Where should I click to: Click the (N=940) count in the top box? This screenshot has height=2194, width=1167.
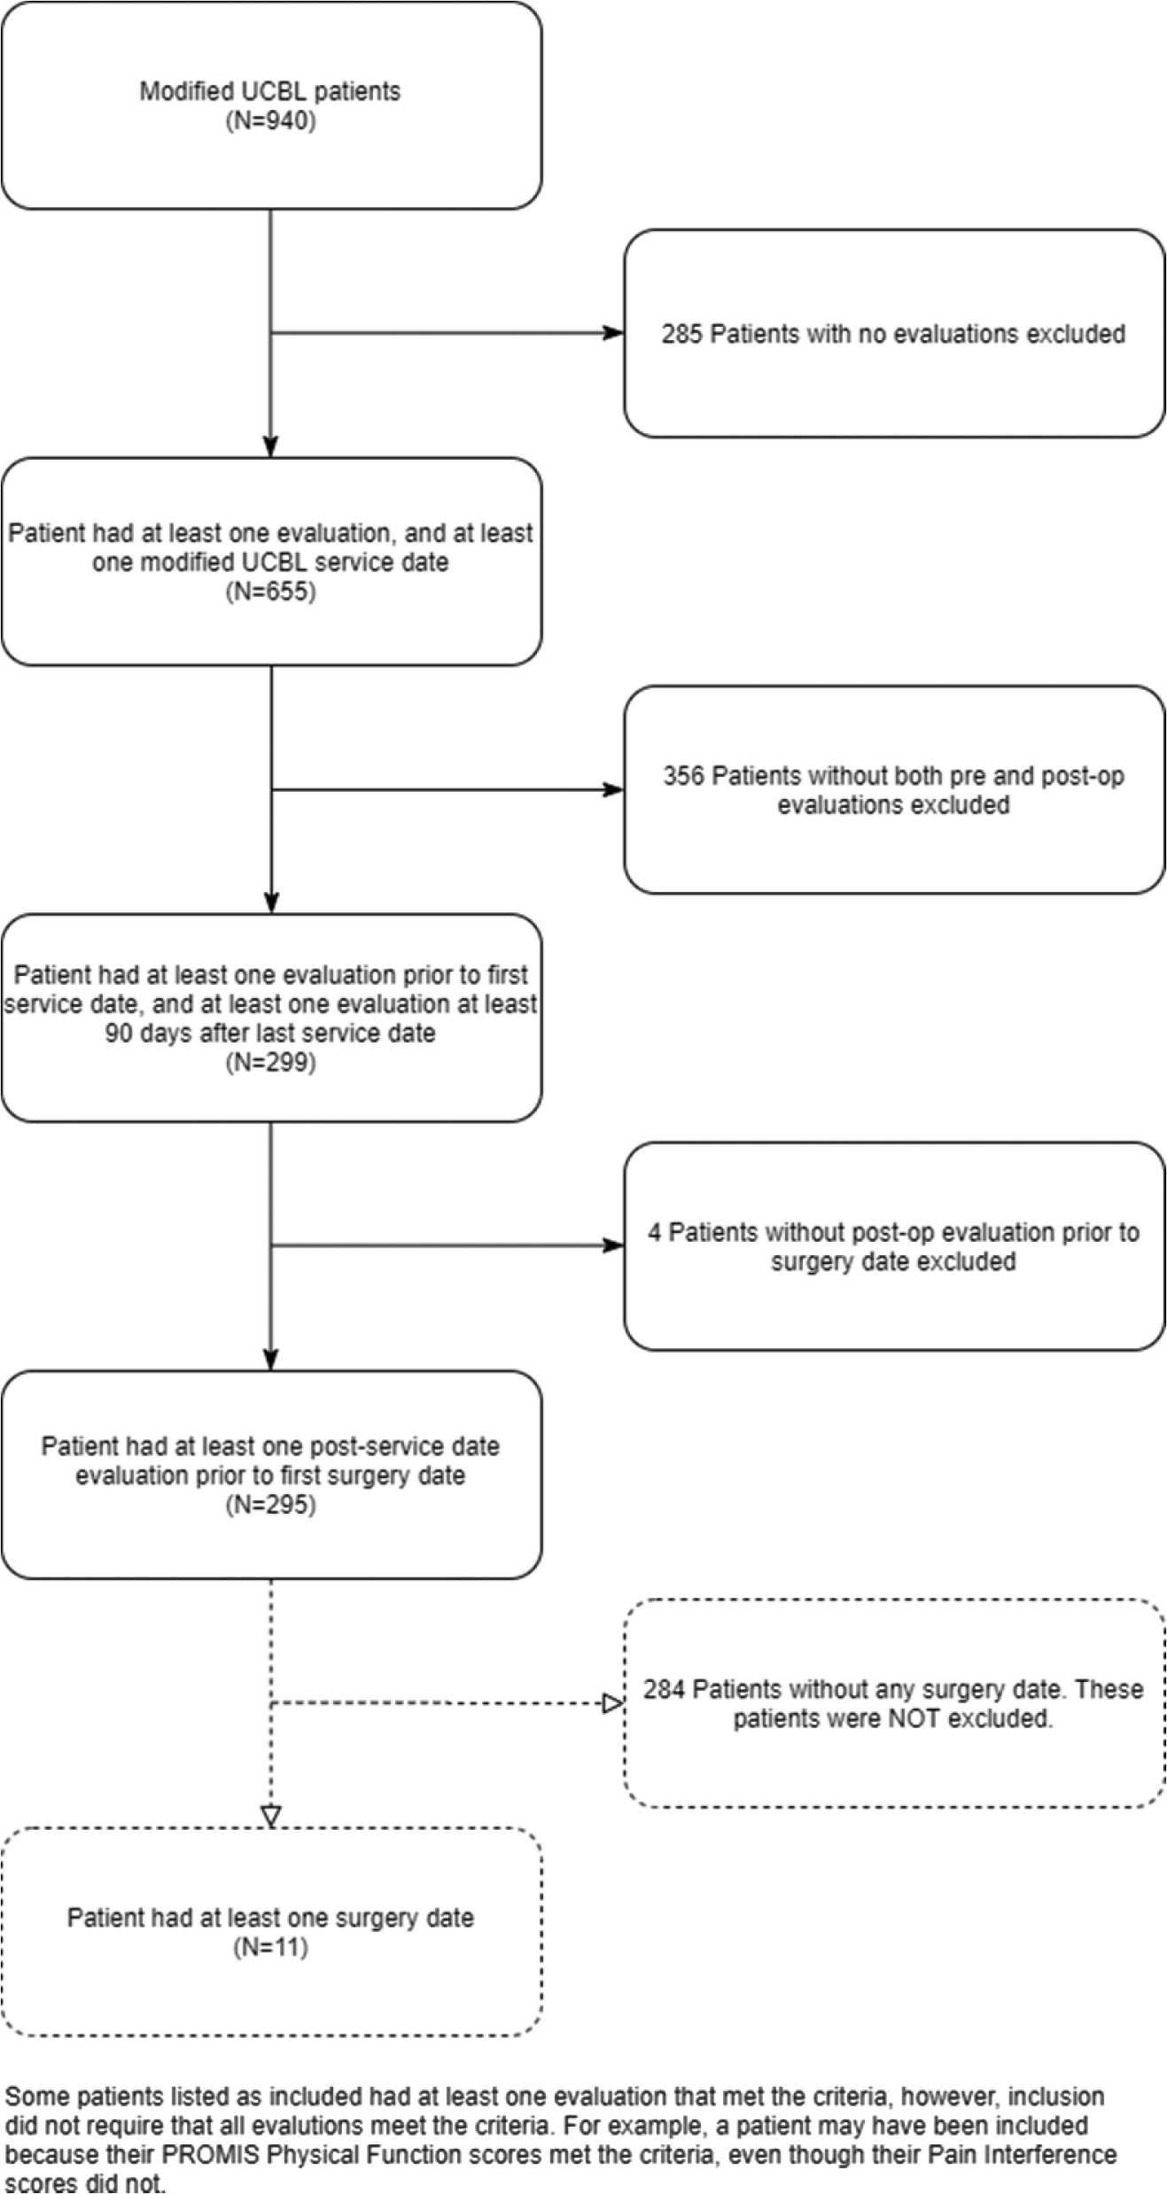pyautogui.click(x=271, y=120)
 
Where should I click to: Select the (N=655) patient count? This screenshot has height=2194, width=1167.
pyautogui.click(x=271, y=591)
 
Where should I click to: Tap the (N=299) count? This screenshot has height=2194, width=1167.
pyautogui.click(x=271, y=1062)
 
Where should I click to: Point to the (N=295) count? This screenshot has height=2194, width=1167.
pyautogui.click(x=271, y=1504)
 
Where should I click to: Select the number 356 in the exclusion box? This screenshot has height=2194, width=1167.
pyautogui.click(x=683, y=776)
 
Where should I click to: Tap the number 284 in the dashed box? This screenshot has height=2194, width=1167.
pyautogui.click(x=665, y=1689)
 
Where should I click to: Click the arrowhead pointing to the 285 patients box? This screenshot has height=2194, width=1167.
pyautogui.click(x=613, y=333)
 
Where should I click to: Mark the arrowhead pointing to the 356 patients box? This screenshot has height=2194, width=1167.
pyautogui.click(x=613, y=789)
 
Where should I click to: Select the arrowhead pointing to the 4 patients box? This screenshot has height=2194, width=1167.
pyautogui.click(x=613, y=1245)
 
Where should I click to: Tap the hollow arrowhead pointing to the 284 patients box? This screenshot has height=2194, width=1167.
pyautogui.click(x=613, y=1703)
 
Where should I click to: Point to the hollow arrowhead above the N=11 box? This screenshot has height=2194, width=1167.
pyautogui.click(x=271, y=1816)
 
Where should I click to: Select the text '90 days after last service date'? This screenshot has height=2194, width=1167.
pyautogui.click(x=271, y=1033)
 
